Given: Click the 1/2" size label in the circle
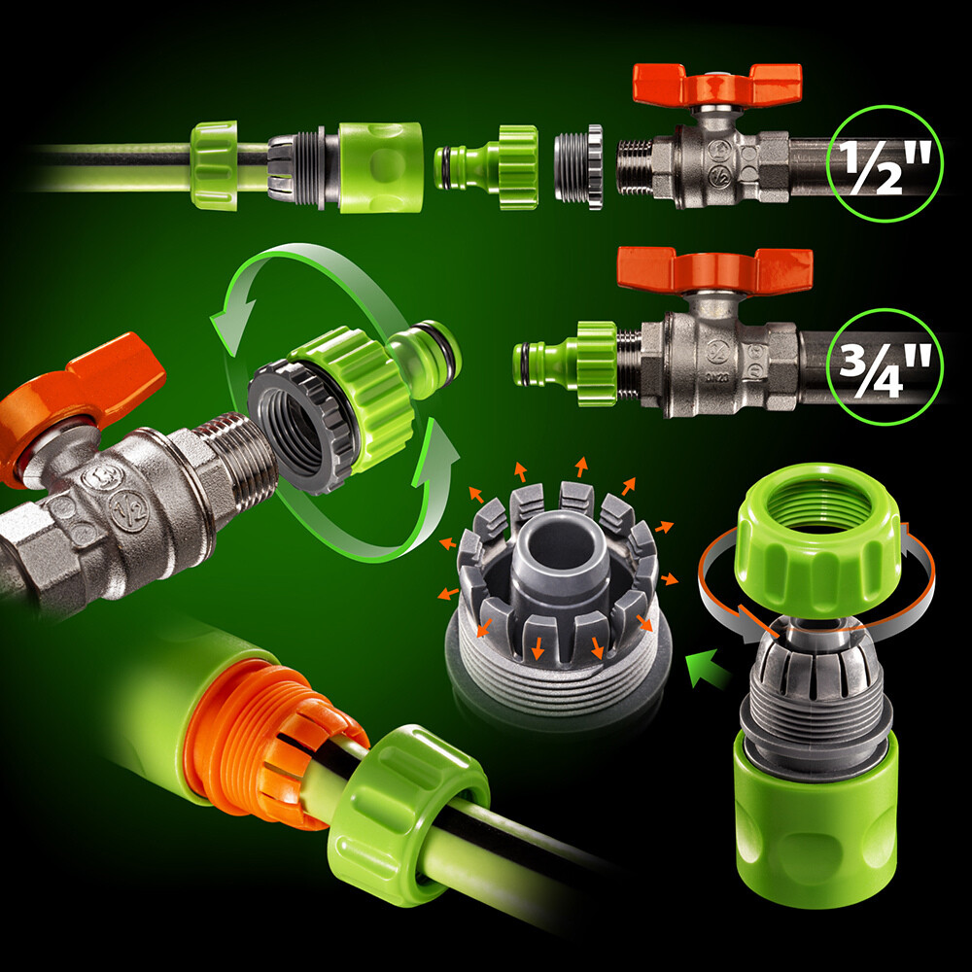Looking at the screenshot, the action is click(x=885, y=163).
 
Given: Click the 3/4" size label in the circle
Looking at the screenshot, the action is click(x=885, y=368).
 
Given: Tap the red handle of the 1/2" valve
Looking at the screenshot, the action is click(x=716, y=85).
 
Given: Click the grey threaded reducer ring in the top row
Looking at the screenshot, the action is click(x=577, y=166).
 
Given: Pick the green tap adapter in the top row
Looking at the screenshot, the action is click(x=487, y=166).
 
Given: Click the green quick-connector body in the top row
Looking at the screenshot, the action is click(x=381, y=166).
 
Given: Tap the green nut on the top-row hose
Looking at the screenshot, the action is click(x=214, y=165).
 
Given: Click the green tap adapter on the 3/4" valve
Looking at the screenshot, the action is click(x=566, y=364).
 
